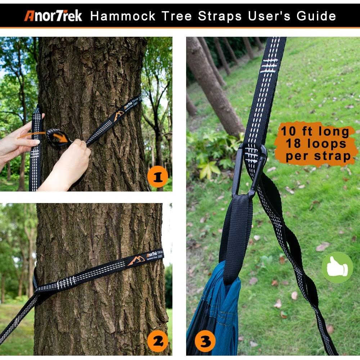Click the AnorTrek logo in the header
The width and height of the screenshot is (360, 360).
pyautogui.click(x=53, y=16)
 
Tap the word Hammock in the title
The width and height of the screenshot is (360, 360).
pyautogui.click(x=123, y=16)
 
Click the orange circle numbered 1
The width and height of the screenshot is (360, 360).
pyautogui.click(x=158, y=176)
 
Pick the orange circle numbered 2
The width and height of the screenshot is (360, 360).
pyautogui.click(x=158, y=341)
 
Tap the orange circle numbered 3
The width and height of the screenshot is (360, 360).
pyautogui.click(x=205, y=341)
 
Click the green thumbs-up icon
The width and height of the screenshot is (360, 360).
pyautogui.click(x=337, y=267)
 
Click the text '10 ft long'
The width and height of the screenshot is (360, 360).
pyautogui.click(x=315, y=131)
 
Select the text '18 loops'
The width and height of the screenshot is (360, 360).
pyautogui.click(x=316, y=144)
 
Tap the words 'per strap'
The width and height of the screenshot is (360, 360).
pyautogui.click(x=318, y=156)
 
